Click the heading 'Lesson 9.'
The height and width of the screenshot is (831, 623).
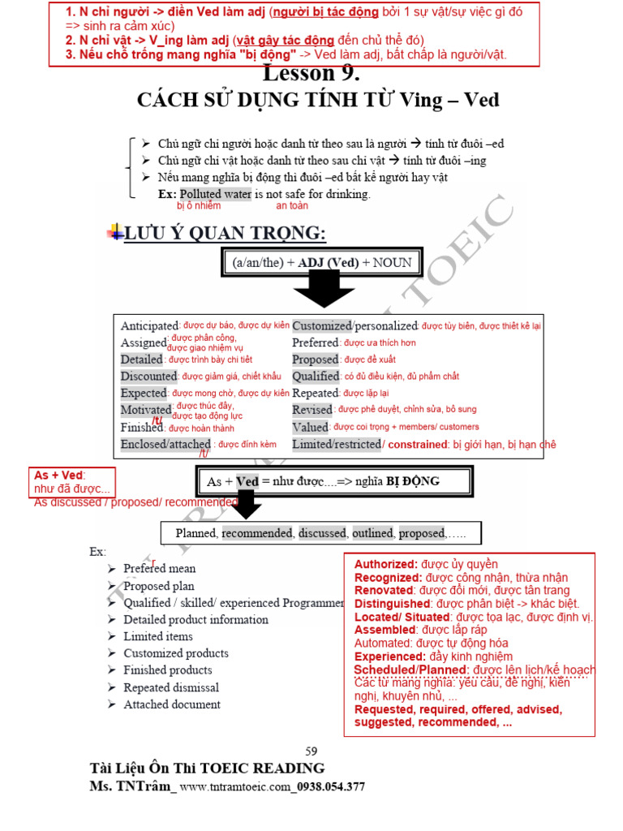click(311, 74)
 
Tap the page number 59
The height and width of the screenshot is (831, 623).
click(311, 751)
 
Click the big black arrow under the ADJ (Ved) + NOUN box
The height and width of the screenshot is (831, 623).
click(323, 289)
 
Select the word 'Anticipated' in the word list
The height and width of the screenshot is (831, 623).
click(149, 325)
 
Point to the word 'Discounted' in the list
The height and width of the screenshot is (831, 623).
click(148, 376)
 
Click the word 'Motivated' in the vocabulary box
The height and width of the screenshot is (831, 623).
click(146, 410)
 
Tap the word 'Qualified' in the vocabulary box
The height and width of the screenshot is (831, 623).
click(316, 376)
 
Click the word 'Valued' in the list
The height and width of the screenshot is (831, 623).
click(310, 427)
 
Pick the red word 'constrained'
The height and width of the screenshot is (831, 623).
click(418, 444)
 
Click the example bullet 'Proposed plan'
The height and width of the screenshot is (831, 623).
click(159, 586)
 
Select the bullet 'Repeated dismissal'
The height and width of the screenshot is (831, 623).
click(171, 687)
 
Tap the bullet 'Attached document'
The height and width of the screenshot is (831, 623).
click(172, 704)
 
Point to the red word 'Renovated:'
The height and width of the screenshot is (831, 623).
click(385, 590)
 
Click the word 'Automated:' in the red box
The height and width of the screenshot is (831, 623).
click(385, 643)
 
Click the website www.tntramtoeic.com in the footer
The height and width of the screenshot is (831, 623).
click(234, 786)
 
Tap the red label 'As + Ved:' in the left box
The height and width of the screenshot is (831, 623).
click(60, 476)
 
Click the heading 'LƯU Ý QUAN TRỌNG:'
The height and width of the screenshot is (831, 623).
click(225, 234)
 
